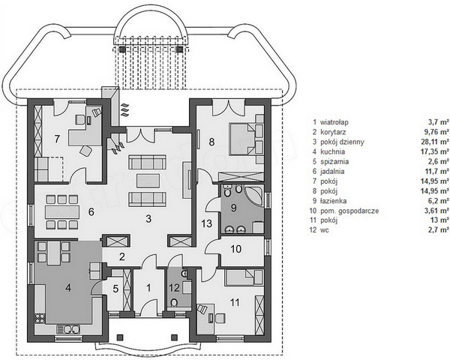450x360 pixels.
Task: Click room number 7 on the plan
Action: click(57, 139)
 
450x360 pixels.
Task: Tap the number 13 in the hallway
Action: click(207, 223)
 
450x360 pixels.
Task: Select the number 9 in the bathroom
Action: click(233, 208)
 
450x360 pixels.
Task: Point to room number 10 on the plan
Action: click(236, 249)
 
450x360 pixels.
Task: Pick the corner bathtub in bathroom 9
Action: click(253, 196)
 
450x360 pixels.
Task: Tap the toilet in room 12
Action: click(175, 302)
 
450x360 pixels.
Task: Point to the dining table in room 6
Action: click(62, 211)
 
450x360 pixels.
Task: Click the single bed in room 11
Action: click(244, 277)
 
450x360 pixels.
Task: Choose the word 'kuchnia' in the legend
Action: click(332, 151)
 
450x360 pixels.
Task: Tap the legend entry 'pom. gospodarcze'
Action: click(349, 211)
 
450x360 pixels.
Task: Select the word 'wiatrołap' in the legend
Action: click(334, 122)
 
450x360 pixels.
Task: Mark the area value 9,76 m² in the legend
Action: click(438, 132)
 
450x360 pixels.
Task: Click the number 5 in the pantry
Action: click(115, 289)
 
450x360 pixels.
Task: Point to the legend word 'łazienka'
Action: click(334, 201)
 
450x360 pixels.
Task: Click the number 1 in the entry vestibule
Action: click(148, 288)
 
